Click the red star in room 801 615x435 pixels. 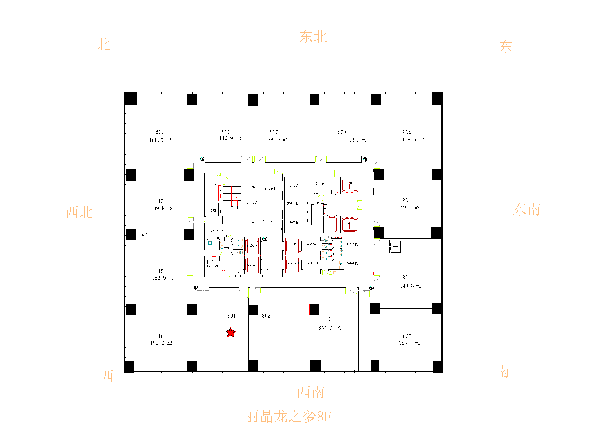coord(230,333)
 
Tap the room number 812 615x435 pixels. coord(159,132)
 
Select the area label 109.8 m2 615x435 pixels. coord(277,140)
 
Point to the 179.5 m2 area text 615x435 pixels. coord(413,140)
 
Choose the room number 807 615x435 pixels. coord(407,200)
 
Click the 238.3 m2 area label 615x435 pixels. coord(330,328)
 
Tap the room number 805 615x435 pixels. coord(407,336)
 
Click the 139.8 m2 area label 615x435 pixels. coord(162,208)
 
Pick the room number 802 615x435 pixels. coord(266,316)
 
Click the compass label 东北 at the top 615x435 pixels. coord(313,37)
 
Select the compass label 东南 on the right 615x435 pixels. coord(527,209)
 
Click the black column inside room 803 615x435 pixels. coord(314,309)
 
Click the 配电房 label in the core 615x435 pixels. coord(320,183)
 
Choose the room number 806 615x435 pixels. coord(407,277)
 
